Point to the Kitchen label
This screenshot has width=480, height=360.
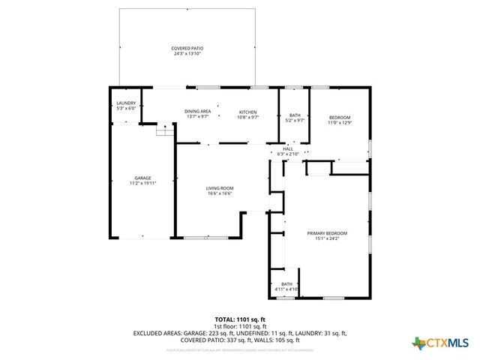(x=248, y=112)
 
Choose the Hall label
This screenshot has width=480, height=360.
(x=288, y=149)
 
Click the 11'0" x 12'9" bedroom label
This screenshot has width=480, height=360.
(x=340, y=118)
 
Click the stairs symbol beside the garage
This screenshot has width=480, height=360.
(x=164, y=131)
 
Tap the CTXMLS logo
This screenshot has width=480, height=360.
(x=441, y=343)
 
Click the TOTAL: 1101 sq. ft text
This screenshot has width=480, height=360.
(x=240, y=319)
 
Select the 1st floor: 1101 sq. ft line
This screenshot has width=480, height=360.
(x=240, y=326)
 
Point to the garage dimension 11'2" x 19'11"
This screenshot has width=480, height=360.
(x=142, y=183)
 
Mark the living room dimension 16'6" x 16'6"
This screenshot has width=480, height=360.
(x=220, y=193)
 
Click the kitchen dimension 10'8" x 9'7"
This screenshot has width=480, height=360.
(x=248, y=117)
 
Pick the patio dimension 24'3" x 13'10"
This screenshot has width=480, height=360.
(x=187, y=53)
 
